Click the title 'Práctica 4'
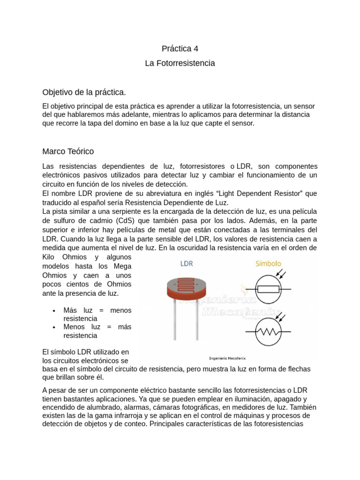point(180,48)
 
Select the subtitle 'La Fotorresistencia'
point(180,63)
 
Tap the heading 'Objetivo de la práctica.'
point(84,91)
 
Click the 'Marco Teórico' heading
point(68,151)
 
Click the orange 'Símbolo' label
point(268,263)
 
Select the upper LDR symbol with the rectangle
point(268,289)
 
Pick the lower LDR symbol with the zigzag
point(268,331)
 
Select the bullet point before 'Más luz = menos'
point(55,311)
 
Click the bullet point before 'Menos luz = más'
point(55,327)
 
